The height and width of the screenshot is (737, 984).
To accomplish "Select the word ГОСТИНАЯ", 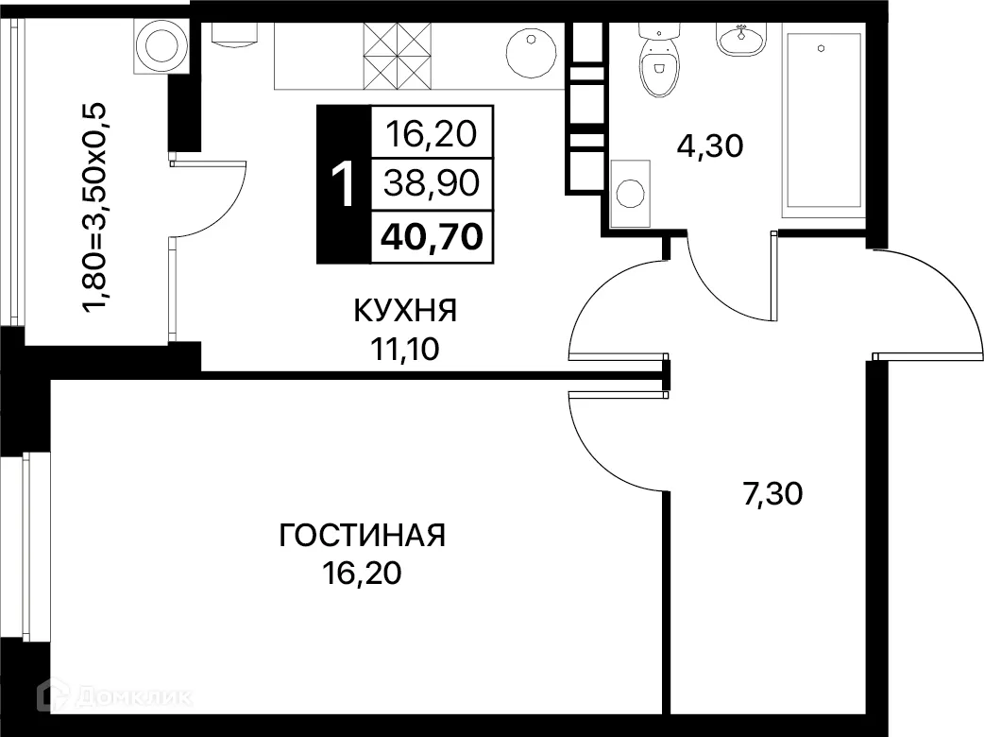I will click(x=362, y=536).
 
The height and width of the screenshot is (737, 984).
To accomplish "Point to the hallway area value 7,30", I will click(x=772, y=493).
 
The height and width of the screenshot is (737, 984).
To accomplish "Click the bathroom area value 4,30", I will click(x=711, y=146).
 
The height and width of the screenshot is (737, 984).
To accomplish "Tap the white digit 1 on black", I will click(x=345, y=183).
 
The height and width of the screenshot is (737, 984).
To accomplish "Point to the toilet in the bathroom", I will click(x=658, y=62).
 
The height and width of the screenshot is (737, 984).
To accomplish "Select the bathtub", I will click(x=823, y=119).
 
